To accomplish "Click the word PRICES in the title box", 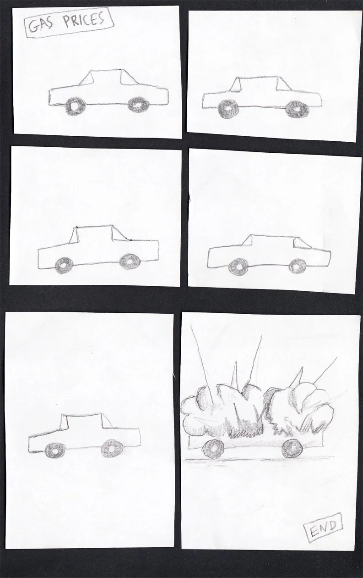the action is pyautogui.click(x=84, y=21).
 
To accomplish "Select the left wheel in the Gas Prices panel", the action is pyautogui.click(x=75, y=106).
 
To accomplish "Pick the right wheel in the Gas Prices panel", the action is pyautogui.click(x=139, y=105).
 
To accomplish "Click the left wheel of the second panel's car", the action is pyautogui.click(x=228, y=110).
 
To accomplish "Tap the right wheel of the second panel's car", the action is pyautogui.click(x=298, y=109).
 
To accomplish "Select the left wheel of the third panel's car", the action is pyautogui.click(x=64, y=266).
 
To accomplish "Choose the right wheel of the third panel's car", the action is pyautogui.click(x=130, y=261).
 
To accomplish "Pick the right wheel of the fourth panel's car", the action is pyautogui.click(x=298, y=266).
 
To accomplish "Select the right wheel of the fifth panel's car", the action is pyautogui.click(x=112, y=449).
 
